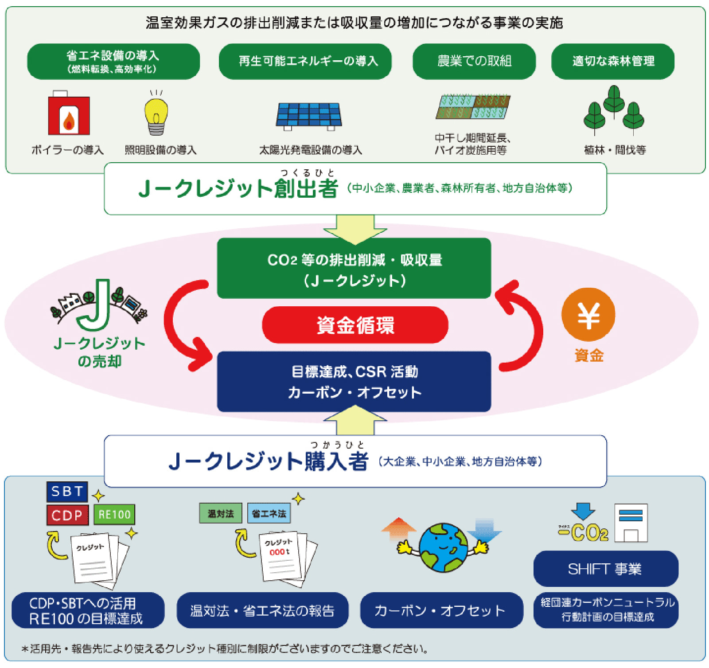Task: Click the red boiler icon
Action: click(69, 114)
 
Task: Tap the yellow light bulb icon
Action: click(156, 114)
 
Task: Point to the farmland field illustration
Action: click(473, 107)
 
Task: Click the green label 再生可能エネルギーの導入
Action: click(305, 61)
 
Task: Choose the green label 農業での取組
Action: click(474, 61)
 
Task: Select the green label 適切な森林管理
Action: click(612, 61)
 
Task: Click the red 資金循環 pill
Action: click(355, 325)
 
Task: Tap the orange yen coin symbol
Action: click(588, 315)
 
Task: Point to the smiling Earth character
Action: click(443, 547)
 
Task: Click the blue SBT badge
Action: click(67, 491)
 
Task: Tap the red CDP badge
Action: click(67, 515)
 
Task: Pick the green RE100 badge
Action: click(114, 515)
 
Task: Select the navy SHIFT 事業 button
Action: click(605, 569)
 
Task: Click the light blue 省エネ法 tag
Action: click(269, 513)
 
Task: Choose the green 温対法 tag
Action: click(221, 513)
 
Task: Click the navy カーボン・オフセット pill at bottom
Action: click(441, 610)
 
